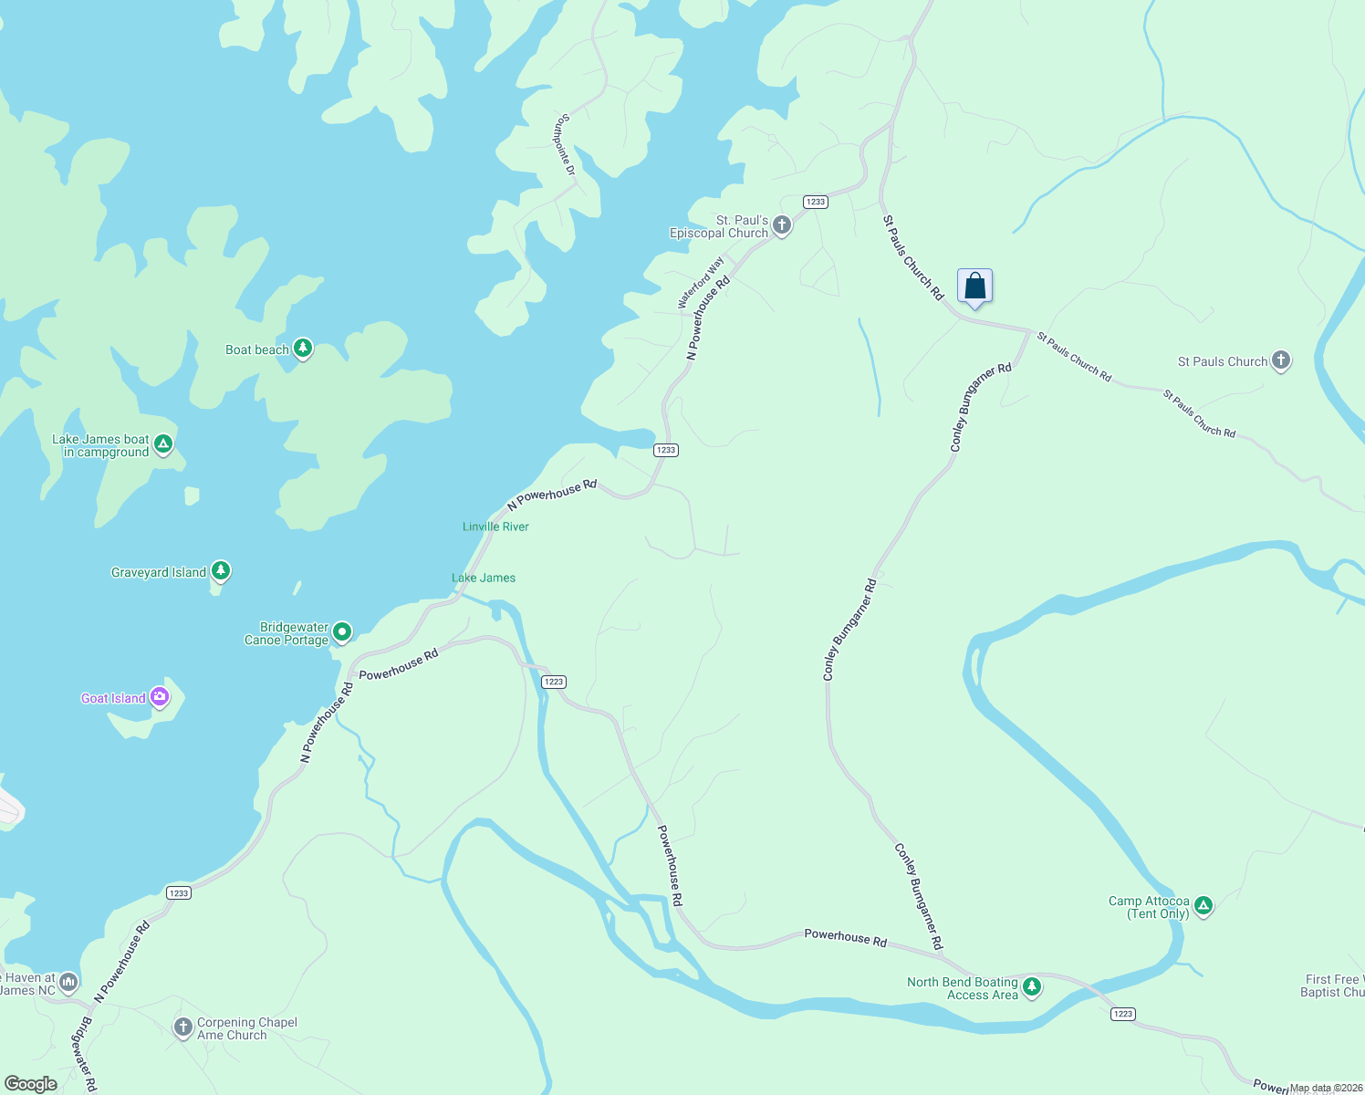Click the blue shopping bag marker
coord(974,287)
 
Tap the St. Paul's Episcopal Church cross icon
coord(782,225)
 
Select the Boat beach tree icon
coord(303,349)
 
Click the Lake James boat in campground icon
coord(163,444)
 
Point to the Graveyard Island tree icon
coord(220,571)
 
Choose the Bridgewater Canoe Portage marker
coord(342,631)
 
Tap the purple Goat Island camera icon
coord(161,697)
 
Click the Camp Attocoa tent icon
coord(1203,906)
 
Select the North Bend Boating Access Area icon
coord(1032,986)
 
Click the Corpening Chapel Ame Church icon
coord(182,1027)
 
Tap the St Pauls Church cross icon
coord(1281,360)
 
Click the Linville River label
coord(495,527)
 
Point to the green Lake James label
coord(484,578)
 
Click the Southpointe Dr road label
coord(567,145)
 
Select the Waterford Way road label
coord(701,283)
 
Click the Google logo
coord(31,1083)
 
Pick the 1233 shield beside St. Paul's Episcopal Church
coord(815,202)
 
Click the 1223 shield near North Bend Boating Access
coord(1122,1014)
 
